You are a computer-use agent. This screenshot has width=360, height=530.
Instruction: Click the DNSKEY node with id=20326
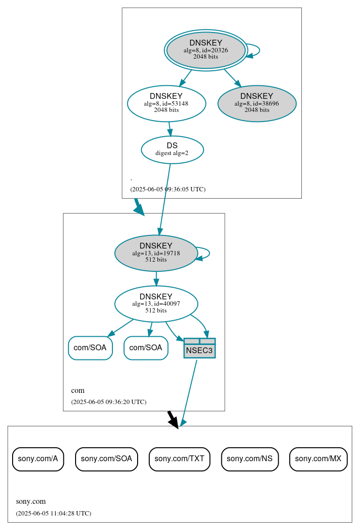[206, 50]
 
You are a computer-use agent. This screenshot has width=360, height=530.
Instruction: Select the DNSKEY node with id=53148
[166, 103]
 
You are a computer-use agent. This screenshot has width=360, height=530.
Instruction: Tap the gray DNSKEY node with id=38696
[257, 103]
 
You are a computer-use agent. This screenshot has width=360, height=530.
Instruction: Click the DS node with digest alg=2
[172, 149]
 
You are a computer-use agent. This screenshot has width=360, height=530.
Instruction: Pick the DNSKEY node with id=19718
[156, 253]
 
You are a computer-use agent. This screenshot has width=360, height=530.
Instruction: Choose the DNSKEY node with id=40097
[156, 304]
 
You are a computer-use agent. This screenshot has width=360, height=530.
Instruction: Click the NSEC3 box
[199, 348]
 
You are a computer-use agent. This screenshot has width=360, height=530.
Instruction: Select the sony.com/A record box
[38, 459]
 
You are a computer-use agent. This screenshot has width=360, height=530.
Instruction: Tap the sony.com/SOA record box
[106, 459]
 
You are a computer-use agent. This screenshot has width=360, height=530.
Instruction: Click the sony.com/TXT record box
[179, 459]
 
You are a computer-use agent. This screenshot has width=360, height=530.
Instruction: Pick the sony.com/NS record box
[250, 459]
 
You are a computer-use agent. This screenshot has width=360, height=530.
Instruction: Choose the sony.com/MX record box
[318, 459]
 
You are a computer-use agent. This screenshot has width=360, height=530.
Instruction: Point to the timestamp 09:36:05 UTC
[168, 189]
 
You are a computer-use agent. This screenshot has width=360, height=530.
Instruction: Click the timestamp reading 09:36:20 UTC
[109, 402]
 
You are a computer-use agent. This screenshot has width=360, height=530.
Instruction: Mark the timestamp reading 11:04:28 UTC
[53, 514]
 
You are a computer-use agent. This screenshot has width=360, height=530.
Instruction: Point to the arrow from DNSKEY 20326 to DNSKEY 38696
[232, 78]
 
